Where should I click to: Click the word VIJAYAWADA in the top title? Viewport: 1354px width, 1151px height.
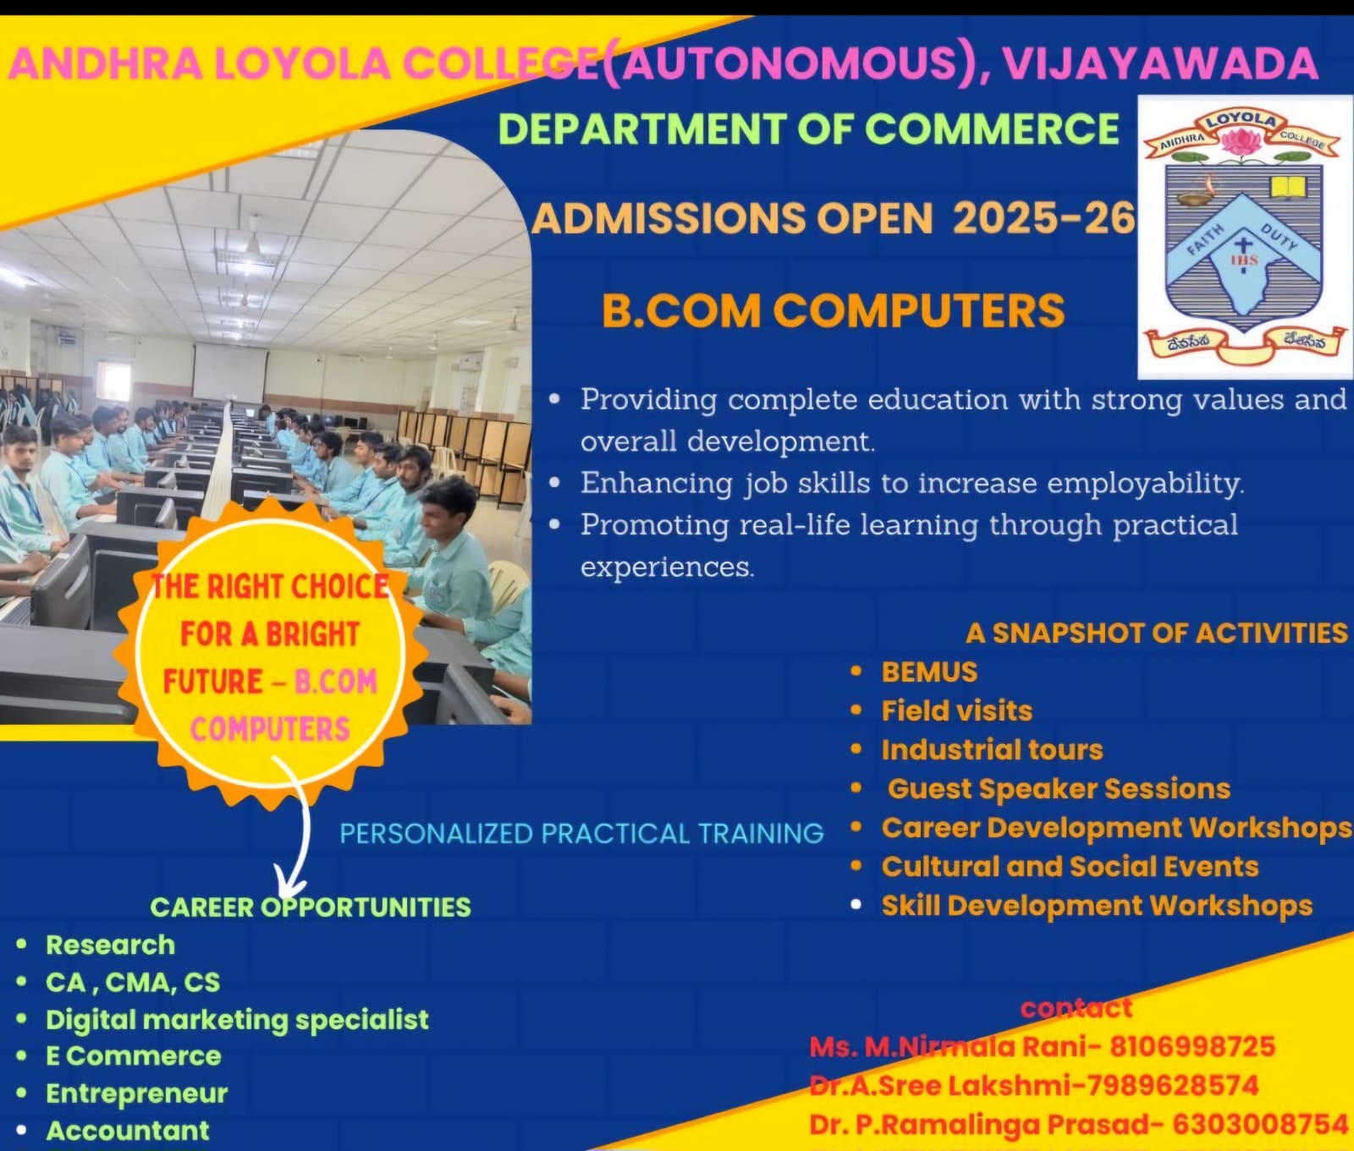(1160, 63)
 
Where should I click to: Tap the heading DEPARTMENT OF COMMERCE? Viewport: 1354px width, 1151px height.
(809, 129)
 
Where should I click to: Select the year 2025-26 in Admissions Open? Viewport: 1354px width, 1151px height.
(1044, 218)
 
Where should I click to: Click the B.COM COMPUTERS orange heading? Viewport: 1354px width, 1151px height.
(833, 310)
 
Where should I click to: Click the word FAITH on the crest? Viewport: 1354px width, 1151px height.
(1204, 240)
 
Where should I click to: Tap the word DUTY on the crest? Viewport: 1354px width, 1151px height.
(1279, 237)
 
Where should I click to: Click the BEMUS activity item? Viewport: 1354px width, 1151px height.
(929, 671)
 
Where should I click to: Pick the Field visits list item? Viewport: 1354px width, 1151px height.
(957, 710)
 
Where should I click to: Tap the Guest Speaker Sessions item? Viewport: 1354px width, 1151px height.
(1059, 789)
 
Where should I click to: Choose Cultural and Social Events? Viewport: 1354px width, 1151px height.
(1070, 867)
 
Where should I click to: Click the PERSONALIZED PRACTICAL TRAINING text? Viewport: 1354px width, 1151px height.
(581, 834)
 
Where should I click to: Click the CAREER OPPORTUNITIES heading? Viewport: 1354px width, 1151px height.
(311, 907)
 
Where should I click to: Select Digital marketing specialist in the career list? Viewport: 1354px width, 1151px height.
(237, 1020)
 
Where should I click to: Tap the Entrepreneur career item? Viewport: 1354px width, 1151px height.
(137, 1093)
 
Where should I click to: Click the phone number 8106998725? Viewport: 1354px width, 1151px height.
(1192, 1047)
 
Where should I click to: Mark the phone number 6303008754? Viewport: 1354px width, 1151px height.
(1261, 1124)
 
